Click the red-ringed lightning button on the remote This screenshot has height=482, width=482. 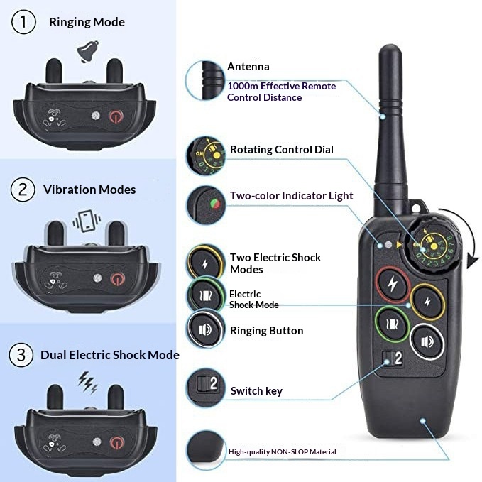pyautogui.click(x=393, y=284)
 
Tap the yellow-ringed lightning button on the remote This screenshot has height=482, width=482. pyautogui.click(x=427, y=302)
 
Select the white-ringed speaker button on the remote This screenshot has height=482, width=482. pyautogui.click(x=427, y=341)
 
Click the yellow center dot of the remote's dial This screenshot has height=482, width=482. pyautogui.click(x=434, y=246)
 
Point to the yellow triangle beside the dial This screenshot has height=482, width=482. pyautogui.click(x=399, y=245)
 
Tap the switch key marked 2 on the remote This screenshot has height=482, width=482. pyautogui.click(x=393, y=358)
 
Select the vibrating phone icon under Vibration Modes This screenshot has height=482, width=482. pyautogui.click(x=87, y=221)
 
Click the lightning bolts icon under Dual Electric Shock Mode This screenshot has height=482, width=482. pyautogui.click(x=88, y=383)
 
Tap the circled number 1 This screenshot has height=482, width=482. pyautogui.click(x=23, y=22)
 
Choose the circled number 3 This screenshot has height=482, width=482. pyautogui.click(x=21, y=355)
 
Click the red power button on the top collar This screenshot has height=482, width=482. pyautogui.click(x=116, y=116)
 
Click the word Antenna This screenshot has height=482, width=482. pyautogui.click(x=248, y=67)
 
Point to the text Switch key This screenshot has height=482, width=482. pyautogui.click(x=256, y=391)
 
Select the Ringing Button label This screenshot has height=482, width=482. pyautogui.click(x=266, y=331)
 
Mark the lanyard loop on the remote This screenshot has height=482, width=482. pyautogui.click(x=417, y=207)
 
